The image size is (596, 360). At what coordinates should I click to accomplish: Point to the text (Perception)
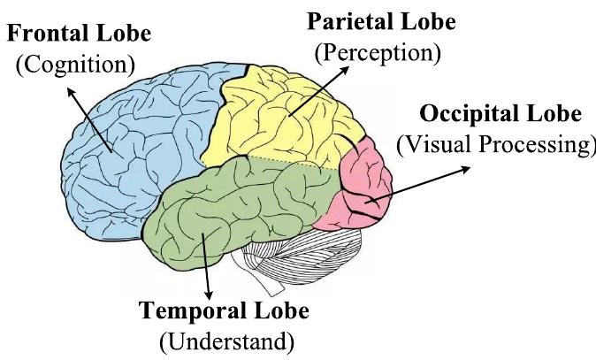[378, 51]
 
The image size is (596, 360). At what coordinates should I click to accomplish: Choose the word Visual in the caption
[430, 144]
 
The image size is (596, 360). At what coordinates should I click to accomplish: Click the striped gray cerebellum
[309, 257]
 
